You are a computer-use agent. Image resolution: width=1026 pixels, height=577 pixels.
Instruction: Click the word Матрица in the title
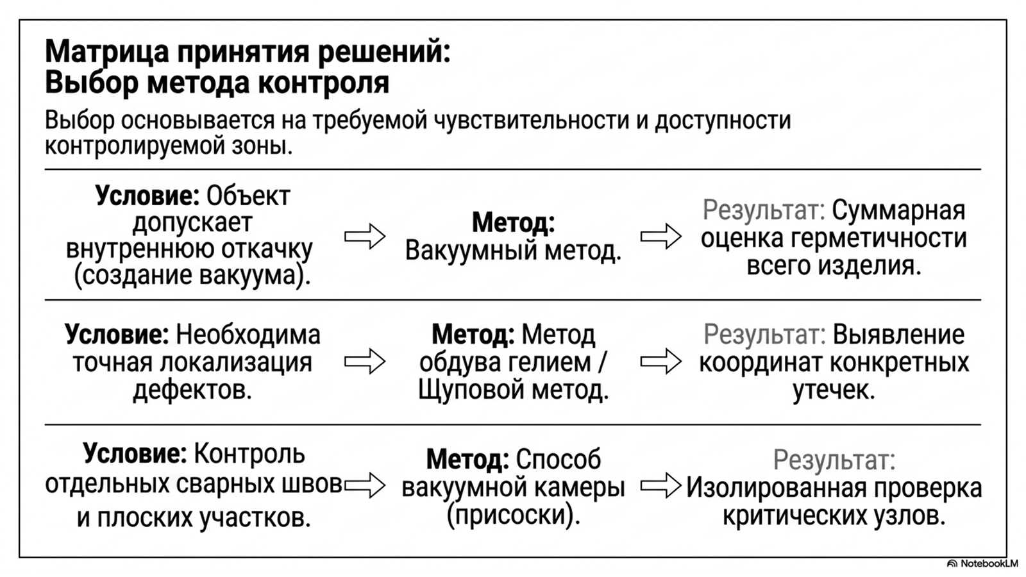[107, 52]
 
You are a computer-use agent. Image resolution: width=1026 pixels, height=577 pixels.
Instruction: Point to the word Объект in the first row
[248, 196]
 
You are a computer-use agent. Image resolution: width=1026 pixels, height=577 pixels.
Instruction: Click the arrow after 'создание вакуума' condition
[365, 237]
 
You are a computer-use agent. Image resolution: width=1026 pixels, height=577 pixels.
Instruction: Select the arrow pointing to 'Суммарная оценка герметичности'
[661, 237]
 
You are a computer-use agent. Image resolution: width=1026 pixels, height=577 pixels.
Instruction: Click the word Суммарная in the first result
[898, 211]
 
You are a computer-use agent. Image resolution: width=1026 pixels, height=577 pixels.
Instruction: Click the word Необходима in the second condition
[248, 335]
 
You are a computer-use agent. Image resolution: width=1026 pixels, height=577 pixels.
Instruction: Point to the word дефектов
[193, 390]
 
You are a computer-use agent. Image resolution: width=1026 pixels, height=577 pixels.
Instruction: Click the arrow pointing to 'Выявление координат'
[661, 362]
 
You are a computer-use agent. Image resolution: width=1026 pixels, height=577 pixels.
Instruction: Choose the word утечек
[834, 390]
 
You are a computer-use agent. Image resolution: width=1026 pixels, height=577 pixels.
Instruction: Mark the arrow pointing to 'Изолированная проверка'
[661, 485]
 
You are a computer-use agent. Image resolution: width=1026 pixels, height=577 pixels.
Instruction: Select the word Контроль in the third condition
[249, 455]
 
